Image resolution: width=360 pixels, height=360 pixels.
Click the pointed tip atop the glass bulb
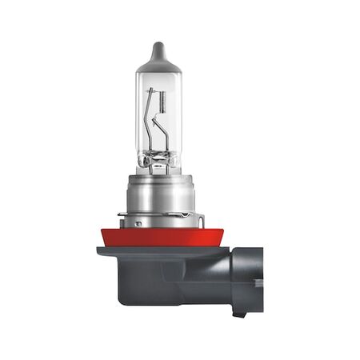(x=158, y=48)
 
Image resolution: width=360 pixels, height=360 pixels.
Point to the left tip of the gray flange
(x=99, y=250)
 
